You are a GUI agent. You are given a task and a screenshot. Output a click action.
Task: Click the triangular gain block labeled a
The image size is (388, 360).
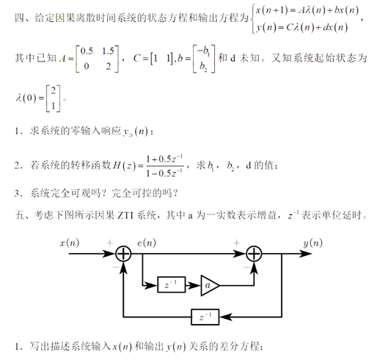pos(209,285)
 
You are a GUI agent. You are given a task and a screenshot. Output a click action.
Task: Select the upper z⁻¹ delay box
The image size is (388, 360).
pos(171,284)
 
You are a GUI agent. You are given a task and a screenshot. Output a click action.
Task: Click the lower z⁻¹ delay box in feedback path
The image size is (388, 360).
pos(205,317)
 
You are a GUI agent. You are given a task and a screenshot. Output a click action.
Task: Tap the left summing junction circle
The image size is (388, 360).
pos(123,254)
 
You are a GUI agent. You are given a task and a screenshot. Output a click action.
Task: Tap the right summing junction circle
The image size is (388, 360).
pos(254,254)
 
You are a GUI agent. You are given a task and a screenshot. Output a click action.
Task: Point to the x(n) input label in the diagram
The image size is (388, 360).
pos(70,243)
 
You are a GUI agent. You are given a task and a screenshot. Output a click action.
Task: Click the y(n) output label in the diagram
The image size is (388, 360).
pos(313,243)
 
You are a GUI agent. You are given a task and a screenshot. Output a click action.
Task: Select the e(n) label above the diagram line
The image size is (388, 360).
pos(147,243)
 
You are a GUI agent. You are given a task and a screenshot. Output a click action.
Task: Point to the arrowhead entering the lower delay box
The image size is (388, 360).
pos(225,317)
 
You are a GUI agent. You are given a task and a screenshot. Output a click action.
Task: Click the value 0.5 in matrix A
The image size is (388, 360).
pos(87,51)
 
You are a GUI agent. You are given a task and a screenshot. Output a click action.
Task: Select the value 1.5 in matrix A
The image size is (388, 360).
pos(108,51)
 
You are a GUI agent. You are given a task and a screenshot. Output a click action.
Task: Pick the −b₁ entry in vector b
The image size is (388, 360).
pos(203,51)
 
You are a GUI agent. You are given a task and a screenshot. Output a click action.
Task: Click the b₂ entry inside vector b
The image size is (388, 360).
pos(203,66)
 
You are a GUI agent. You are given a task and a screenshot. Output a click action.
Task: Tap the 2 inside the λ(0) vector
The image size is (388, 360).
pos(54,91)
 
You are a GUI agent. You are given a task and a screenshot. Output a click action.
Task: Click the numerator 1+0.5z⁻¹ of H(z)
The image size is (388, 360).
pos(164,158)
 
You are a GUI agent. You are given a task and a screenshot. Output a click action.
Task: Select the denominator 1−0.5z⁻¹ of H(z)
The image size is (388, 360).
pos(164,173)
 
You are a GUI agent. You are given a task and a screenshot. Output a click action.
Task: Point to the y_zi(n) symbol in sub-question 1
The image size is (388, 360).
pos(136,131)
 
